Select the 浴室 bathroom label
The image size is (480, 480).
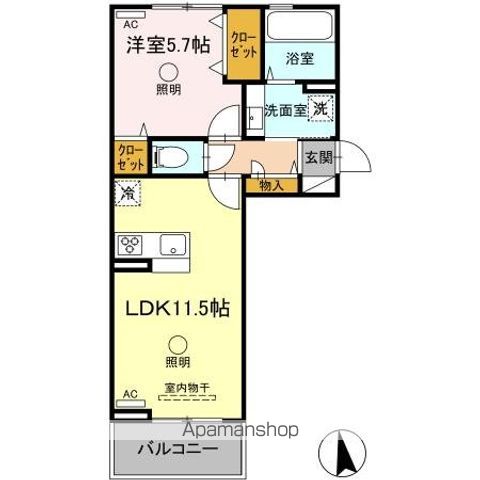pyautogui.click(x=298, y=59)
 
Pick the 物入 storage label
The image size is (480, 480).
pyautogui.click(x=270, y=184)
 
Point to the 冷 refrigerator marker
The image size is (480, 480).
pyautogui.click(x=128, y=192)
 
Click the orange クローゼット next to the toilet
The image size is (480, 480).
pyautogui.click(x=128, y=157)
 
